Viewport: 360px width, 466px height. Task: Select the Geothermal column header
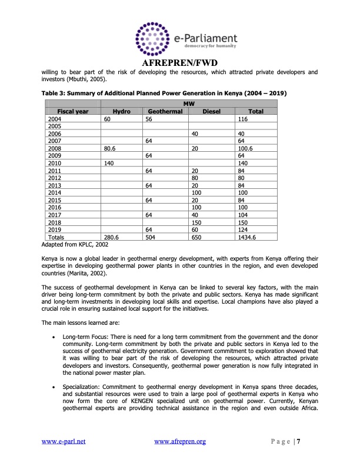165,111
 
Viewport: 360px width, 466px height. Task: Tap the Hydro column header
122,111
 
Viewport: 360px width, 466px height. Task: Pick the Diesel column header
211,111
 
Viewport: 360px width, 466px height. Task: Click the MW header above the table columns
190,104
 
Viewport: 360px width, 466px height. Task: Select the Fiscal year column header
73,111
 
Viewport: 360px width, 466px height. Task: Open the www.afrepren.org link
179,441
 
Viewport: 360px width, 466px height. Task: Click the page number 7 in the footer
298,441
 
